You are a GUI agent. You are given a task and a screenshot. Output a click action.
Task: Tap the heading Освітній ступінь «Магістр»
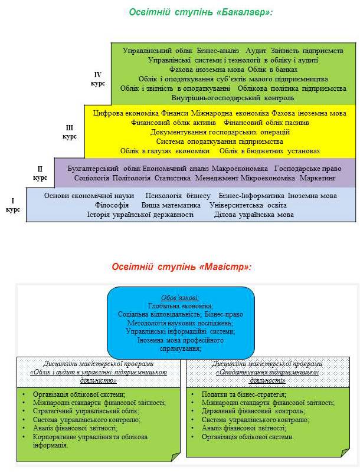tap(182, 266)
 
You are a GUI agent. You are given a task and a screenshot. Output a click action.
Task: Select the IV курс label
tap(99, 79)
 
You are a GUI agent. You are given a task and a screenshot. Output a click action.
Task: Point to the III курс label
tap(70, 131)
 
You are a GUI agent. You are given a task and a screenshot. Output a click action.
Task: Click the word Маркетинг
tap(318, 177)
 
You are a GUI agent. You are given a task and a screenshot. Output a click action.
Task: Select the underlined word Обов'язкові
tap(181, 297)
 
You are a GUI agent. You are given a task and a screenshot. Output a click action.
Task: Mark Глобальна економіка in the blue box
tap(181, 306)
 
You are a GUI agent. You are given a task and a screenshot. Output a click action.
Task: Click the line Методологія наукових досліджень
tap(181, 323)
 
